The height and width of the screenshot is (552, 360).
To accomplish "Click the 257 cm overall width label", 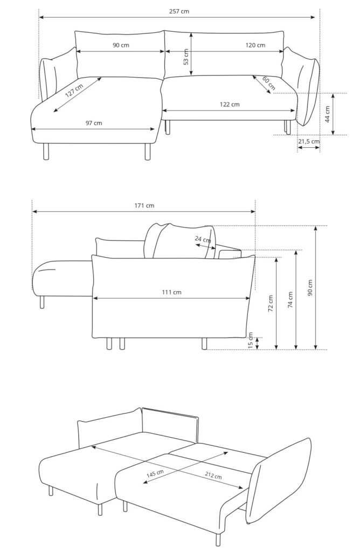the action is click(179, 11).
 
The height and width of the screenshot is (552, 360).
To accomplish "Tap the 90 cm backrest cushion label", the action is click(121, 45).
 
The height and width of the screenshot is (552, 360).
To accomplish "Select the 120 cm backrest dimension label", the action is click(255, 45).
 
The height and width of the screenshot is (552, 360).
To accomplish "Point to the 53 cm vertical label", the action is click(186, 57).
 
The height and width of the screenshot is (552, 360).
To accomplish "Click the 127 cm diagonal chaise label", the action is click(74, 91).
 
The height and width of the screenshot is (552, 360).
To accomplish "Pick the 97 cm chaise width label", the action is click(94, 123).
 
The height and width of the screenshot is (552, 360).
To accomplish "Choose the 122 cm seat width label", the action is click(230, 104).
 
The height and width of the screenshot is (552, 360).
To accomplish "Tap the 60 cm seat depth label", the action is click(269, 84).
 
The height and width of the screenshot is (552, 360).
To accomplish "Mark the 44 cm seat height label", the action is click(327, 114).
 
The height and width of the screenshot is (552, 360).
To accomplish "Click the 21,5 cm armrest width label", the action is click(309, 141).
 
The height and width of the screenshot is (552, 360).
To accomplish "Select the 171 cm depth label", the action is click(144, 205).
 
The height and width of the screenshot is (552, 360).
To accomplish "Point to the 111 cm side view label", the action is click(172, 292).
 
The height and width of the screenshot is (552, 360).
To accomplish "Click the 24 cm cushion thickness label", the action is click(203, 240).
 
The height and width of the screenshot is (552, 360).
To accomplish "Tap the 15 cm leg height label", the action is click(251, 340).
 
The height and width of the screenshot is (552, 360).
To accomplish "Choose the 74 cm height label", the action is click(290, 300).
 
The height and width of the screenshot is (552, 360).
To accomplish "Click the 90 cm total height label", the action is click(310, 288).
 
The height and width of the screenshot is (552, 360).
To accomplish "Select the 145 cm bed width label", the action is click(155, 474).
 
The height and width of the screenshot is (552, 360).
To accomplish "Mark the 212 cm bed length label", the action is click(213, 475).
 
